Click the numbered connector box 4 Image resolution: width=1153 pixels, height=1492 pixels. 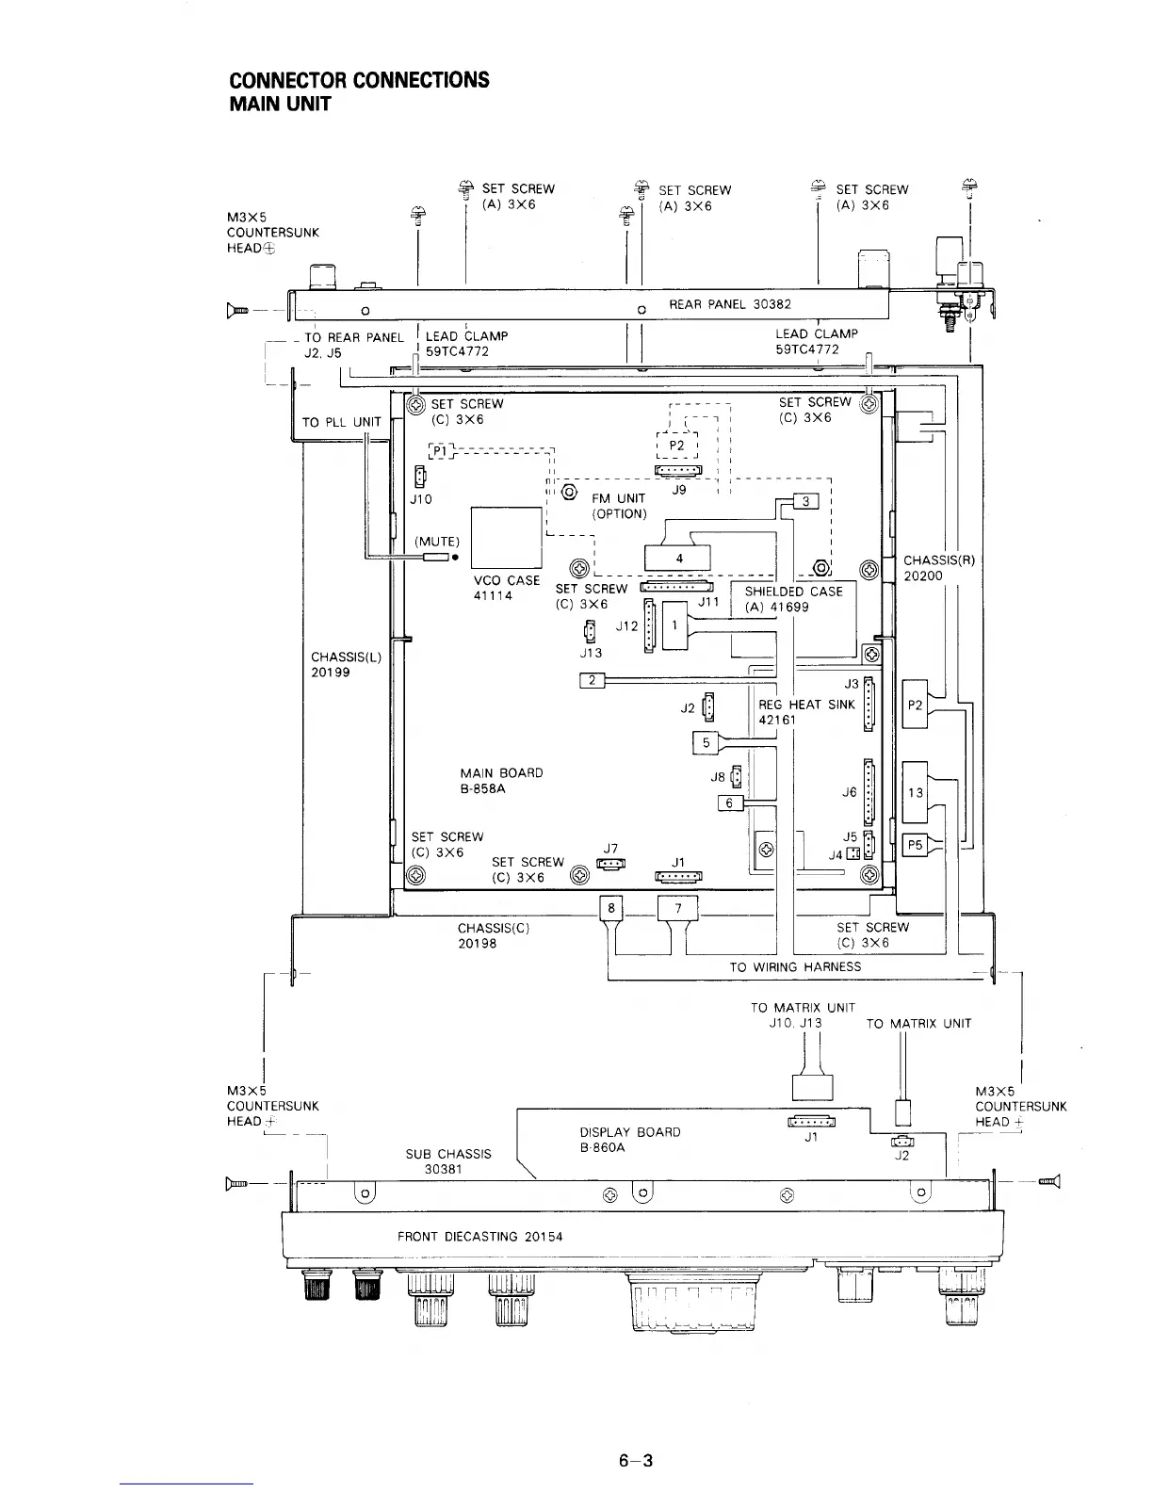tap(679, 559)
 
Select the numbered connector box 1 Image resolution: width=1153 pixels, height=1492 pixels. tap(675, 625)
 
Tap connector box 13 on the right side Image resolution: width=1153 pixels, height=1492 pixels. tap(915, 792)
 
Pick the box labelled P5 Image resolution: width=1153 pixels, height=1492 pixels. tap(914, 845)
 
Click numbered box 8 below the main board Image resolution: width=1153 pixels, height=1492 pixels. tap(611, 908)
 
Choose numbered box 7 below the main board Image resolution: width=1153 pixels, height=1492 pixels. tap(678, 908)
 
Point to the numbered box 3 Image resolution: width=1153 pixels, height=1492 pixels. tap(806, 501)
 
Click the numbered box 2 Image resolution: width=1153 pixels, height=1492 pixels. tap(592, 680)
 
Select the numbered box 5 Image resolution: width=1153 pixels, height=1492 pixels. tap(706, 742)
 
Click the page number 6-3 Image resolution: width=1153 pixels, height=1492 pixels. tap(636, 1461)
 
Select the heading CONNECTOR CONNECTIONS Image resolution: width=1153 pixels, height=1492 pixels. tap(360, 79)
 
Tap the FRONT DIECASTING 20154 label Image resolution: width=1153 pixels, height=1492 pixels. tap(479, 1236)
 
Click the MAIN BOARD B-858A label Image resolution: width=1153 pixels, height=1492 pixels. tap(501, 781)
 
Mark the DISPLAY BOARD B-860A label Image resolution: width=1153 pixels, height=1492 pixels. tap(629, 1140)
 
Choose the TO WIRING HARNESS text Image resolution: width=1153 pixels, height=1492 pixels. tap(795, 966)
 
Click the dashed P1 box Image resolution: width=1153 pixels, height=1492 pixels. tap(441, 450)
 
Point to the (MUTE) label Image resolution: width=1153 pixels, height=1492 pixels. tap(437, 542)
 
